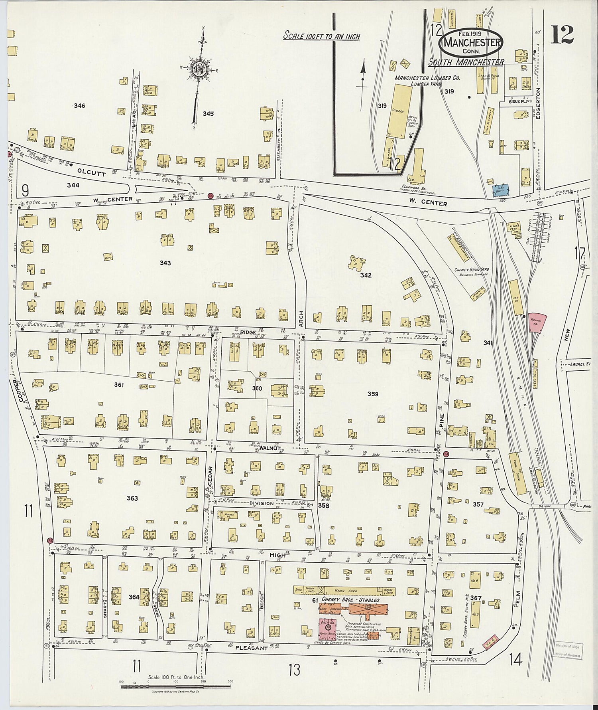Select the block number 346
coord(79,106)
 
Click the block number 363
coord(132,498)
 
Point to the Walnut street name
coord(271,448)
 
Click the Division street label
coord(262,503)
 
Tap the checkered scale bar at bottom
coord(175,686)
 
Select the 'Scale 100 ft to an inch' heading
coord(321,36)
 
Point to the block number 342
coord(366,275)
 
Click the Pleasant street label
coord(252,648)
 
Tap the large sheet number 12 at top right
coord(562,34)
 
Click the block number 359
coord(373,394)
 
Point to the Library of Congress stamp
coord(568,651)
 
